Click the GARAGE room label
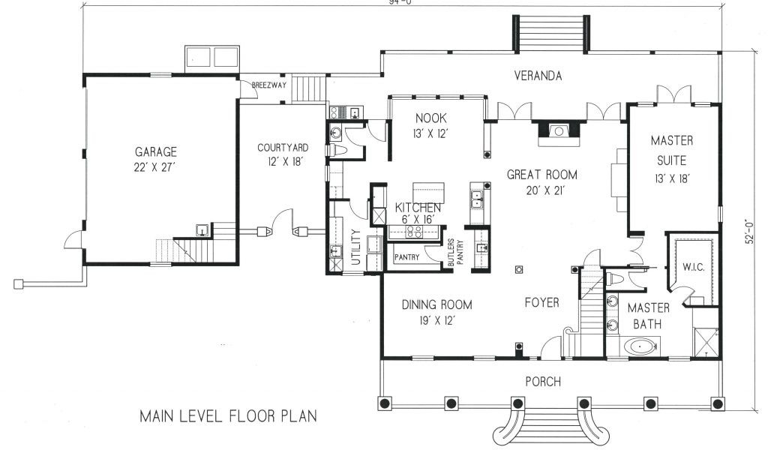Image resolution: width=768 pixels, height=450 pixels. pyautogui.click(x=156, y=151)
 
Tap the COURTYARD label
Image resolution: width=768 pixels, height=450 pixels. pyautogui.click(x=283, y=148)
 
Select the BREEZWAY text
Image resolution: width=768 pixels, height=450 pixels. pyautogui.click(x=269, y=85)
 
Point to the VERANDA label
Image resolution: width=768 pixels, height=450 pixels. pyautogui.click(x=538, y=76)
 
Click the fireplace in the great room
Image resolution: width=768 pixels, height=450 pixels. pyautogui.click(x=558, y=132)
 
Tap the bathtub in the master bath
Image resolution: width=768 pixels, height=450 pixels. pyautogui.click(x=640, y=347)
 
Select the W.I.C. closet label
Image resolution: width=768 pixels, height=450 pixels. pyautogui.click(x=694, y=267)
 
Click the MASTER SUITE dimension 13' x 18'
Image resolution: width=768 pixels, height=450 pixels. pyautogui.click(x=672, y=179)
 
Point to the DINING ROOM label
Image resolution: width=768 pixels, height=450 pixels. pyautogui.click(x=437, y=304)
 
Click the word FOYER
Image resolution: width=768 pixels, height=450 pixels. pyautogui.click(x=541, y=302)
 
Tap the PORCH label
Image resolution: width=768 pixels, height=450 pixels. pyautogui.click(x=543, y=381)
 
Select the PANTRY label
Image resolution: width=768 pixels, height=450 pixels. pyautogui.click(x=407, y=257)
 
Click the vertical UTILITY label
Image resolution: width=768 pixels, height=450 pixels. pyautogui.click(x=356, y=247)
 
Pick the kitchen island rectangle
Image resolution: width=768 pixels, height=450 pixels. pyautogui.click(x=428, y=193)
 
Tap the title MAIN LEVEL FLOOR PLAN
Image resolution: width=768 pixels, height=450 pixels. pyautogui.click(x=228, y=415)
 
